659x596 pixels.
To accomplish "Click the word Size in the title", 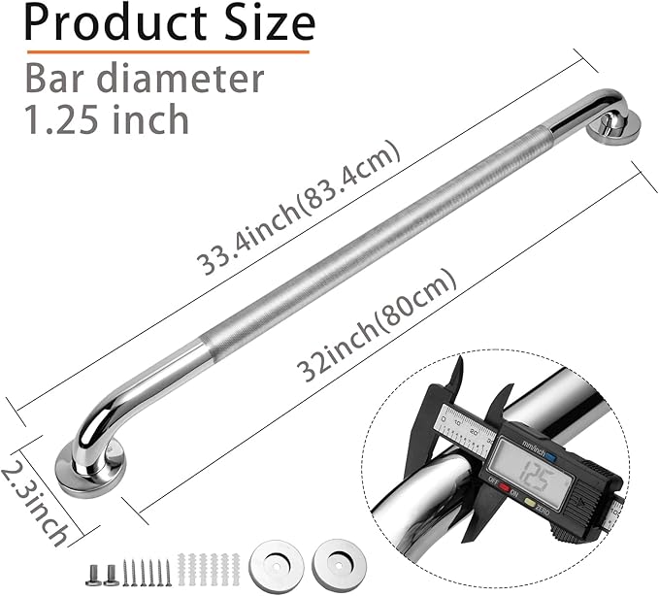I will point(267,22).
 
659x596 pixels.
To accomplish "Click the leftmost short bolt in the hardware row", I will point(92,574).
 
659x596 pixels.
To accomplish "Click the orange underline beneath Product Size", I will point(166,50).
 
